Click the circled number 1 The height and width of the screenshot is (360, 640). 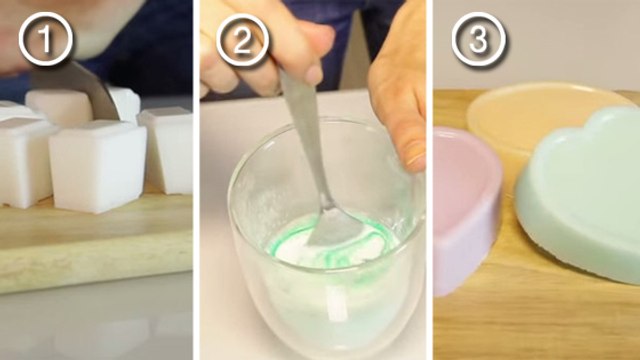click(x=46, y=39)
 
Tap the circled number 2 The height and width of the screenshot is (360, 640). click(x=242, y=40)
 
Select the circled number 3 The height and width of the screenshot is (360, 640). click(x=479, y=39)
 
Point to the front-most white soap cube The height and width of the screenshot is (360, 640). click(x=98, y=167)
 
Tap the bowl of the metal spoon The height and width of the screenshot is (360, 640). click(x=336, y=228)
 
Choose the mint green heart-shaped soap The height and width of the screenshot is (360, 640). click(x=580, y=192)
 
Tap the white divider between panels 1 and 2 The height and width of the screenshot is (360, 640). click(x=196, y=180)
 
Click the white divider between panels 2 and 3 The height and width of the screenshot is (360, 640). click(x=430, y=180)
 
